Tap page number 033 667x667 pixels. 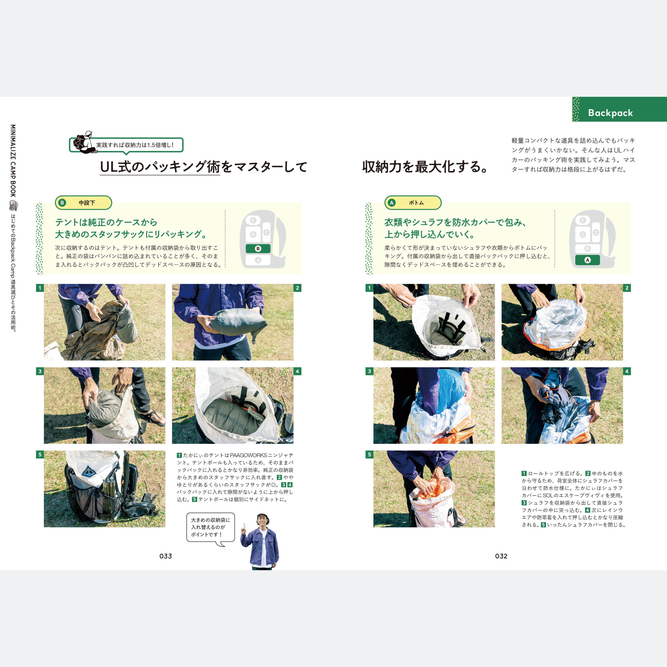click(x=166, y=556)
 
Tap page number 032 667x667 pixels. click(x=501, y=556)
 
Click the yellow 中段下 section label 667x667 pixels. click(x=84, y=203)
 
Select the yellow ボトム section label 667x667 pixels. click(x=413, y=203)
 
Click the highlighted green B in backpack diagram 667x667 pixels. click(x=258, y=249)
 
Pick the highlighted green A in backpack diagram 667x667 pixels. click(x=587, y=260)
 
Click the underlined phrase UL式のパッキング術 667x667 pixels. click(x=160, y=167)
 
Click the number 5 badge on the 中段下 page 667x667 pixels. click(x=40, y=454)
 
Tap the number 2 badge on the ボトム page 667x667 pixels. click(x=627, y=288)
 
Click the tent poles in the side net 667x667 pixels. click(x=109, y=496)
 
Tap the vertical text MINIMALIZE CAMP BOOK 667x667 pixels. click(x=13, y=160)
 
